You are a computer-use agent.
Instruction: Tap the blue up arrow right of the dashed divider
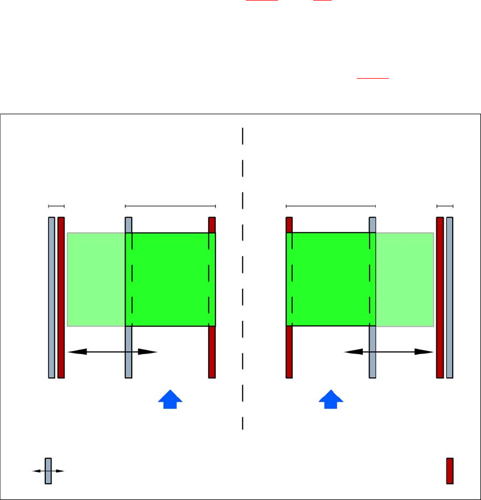click(x=331, y=398)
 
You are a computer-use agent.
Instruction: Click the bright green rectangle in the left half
click(x=170, y=279)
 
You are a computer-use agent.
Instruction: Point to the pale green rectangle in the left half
click(x=96, y=279)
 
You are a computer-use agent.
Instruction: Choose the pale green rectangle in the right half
click(x=405, y=279)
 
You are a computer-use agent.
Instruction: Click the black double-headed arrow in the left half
click(x=111, y=351)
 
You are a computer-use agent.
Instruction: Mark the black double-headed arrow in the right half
click(x=389, y=351)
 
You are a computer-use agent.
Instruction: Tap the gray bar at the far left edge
click(x=51, y=297)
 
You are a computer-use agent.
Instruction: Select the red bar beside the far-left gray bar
click(x=61, y=297)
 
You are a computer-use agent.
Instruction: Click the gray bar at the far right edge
click(x=450, y=297)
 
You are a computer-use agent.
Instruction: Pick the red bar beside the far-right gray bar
click(x=440, y=297)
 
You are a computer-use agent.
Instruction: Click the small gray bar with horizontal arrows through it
click(x=48, y=471)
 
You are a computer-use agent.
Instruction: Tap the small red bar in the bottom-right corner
click(x=450, y=471)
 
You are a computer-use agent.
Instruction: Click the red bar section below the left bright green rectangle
click(x=212, y=352)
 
